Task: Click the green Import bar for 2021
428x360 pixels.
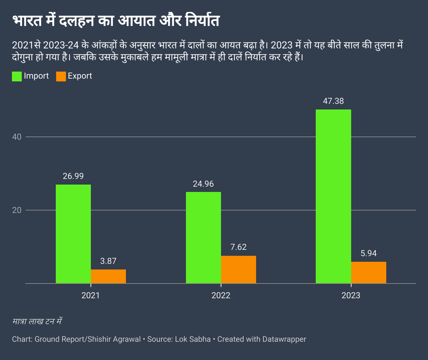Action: point(73,234)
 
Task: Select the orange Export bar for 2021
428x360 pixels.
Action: point(108,276)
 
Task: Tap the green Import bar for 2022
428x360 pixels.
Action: point(203,238)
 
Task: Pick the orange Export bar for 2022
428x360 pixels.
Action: point(239,269)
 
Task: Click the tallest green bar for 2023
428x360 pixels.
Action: point(333,196)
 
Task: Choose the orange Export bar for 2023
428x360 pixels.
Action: point(369,272)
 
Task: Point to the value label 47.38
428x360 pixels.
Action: point(333,101)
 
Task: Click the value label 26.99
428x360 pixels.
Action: point(73,176)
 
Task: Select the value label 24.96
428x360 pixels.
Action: point(203,184)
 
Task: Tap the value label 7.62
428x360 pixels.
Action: point(239,247)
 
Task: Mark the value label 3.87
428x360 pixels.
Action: point(108,261)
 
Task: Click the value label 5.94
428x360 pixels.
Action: point(369,253)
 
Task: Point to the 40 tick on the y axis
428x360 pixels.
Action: point(17,137)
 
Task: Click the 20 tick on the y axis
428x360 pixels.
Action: point(17,210)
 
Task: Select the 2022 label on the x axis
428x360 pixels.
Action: point(221,295)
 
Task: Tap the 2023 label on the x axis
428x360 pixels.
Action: point(351,295)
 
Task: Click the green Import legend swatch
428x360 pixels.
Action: point(17,76)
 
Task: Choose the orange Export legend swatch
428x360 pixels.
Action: point(61,76)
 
